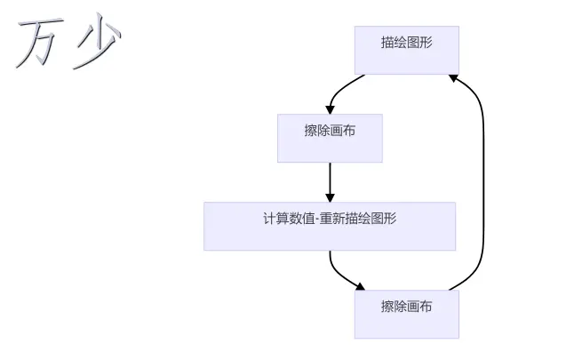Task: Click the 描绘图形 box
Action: click(406, 50)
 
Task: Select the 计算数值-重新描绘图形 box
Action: click(329, 226)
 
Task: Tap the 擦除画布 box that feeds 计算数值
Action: click(330, 138)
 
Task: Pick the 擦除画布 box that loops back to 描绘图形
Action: click(406, 314)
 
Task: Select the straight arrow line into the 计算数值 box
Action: click(330, 178)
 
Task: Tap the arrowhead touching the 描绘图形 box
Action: click(453, 78)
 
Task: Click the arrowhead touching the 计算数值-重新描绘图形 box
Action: click(330, 196)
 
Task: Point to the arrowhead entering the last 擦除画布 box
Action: click(360, 286)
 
